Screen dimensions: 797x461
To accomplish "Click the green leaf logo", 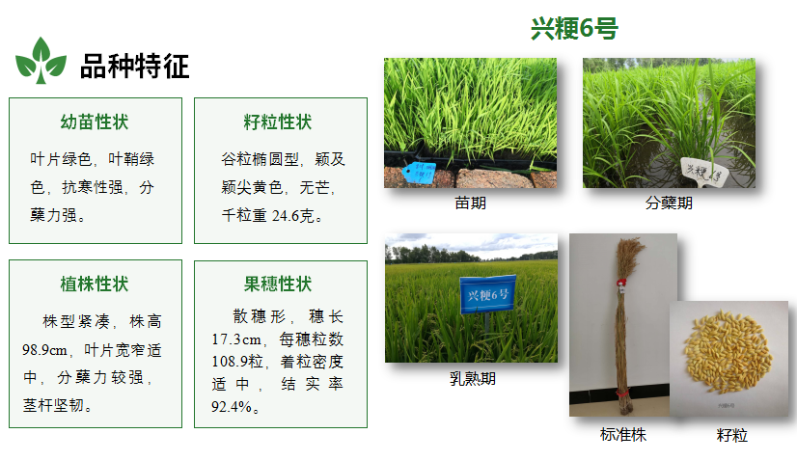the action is (x=41, y=61).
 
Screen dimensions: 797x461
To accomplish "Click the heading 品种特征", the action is (x=135, y=67).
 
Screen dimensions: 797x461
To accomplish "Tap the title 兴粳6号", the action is (x=574, y=28).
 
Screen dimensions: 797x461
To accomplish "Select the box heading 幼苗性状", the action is (x=95, y=122).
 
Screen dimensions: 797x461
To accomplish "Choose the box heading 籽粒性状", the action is (x=278, y=122).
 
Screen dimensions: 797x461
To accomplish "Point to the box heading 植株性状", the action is (x=95, y=285).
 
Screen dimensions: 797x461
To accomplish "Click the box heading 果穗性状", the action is (x=278, y=285).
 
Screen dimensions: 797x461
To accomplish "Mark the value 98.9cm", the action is (x=44, y=350).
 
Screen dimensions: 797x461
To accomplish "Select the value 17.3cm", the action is (x=236, y=339).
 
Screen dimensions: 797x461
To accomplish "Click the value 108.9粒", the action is (x=237, y=362).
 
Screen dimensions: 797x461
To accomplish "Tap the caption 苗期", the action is (x=470, y=203).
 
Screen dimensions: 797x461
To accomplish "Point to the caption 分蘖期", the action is (x=669, y=203).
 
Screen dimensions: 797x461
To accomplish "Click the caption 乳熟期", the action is (x=472, y=379).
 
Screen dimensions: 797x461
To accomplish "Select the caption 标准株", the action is (x=623, y=435).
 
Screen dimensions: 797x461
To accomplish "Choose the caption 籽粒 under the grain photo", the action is (x=732, y=435).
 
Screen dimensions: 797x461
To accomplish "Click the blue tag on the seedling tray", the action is (x=420, y=173).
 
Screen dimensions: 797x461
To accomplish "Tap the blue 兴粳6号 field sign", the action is (x=487, y=294).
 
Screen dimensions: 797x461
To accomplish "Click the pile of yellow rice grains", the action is (x=728, y=351).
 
